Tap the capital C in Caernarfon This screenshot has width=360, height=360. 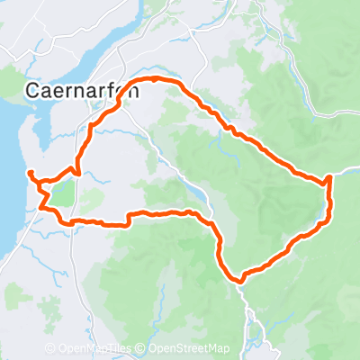[x=32, y=90]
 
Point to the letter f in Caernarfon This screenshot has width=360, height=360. [x=96, y=90]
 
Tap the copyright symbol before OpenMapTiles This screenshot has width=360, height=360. [x=50, y=349]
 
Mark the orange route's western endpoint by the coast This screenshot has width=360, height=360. [x=31, y=172]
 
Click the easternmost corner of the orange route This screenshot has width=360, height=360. [x=330, y=177]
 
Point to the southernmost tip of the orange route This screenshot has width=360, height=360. [x=240, y=280]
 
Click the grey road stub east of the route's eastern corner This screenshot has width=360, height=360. [x=346, y=169]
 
